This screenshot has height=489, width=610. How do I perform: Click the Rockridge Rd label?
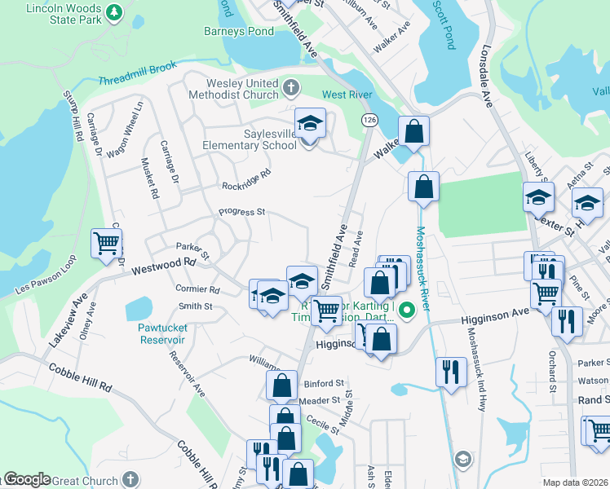pos(245,179)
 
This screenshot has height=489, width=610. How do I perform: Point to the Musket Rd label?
pos(150,179)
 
